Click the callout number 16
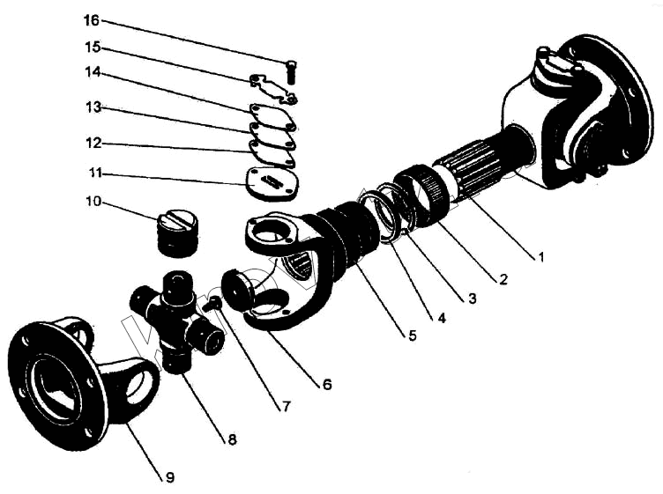coord(92,20)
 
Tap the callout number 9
coord(169,477)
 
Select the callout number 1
coord(540,256)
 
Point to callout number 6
coord(327,385)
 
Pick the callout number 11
coord(95,173)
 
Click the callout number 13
coord(93,107)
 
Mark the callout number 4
coord(441,318)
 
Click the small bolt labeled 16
coord(290,72)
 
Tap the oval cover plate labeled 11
coord(272,184)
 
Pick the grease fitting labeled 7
coord(212,304)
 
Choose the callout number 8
coord(232,439)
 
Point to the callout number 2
coord(503,278)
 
